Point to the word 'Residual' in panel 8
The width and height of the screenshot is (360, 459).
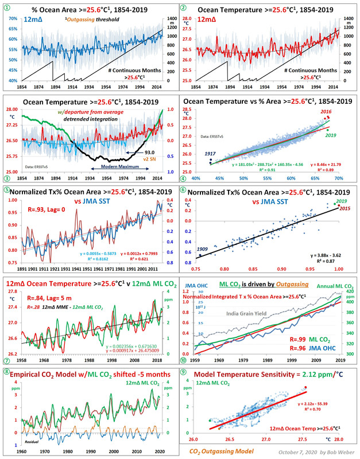[x=33, y=442]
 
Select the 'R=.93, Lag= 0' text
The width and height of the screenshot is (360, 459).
[x=36, y=201]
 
